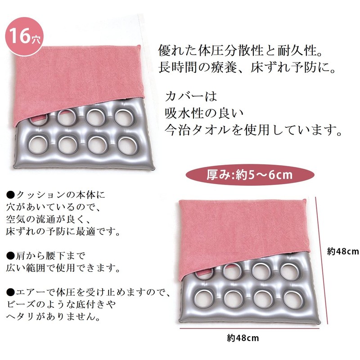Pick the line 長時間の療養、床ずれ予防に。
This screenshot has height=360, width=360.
pyautogui.click(x=247, y=67)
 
